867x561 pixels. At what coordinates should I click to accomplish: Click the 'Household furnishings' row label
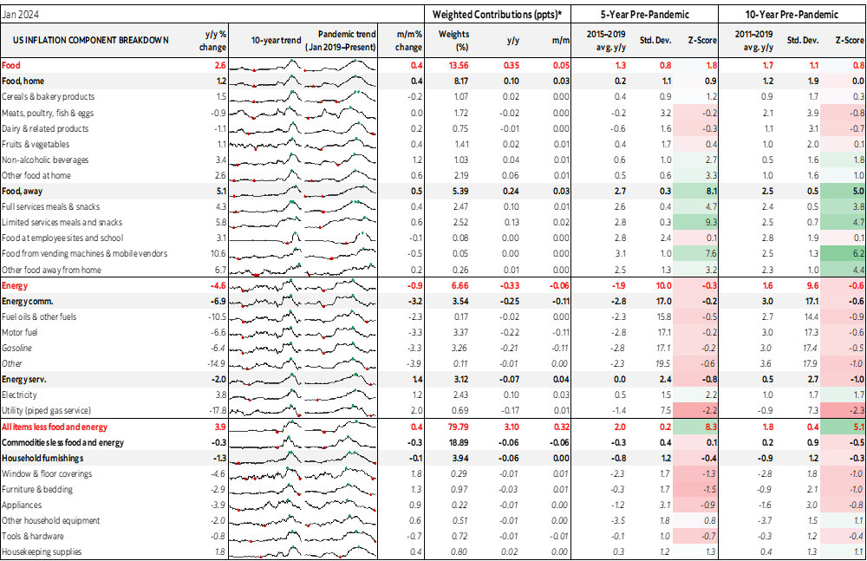point(42,458)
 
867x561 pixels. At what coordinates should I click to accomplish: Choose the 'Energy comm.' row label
point(29,301)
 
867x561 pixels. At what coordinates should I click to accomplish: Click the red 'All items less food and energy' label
point(55,427)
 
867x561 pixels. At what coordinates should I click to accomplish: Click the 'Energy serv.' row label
point(27,380)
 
